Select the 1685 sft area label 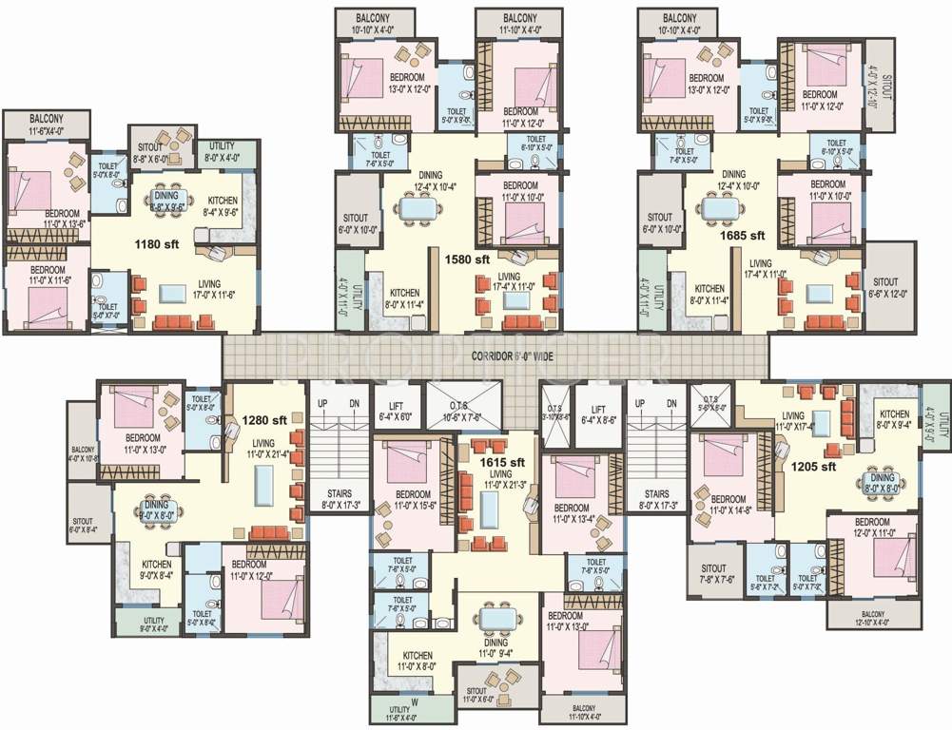744,235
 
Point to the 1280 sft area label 264,419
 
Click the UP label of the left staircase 322,404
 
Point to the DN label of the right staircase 671,404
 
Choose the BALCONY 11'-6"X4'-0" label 46,124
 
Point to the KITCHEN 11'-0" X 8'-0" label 418,662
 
